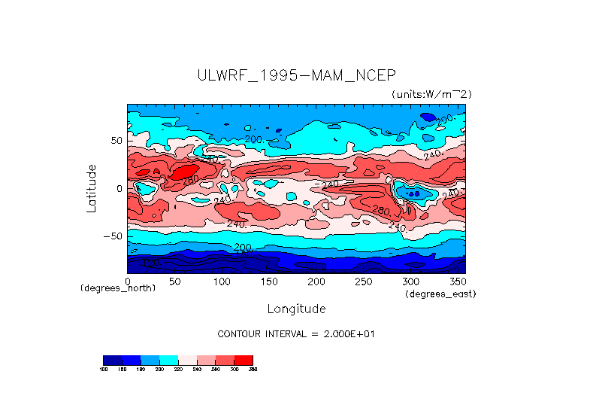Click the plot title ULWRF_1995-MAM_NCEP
point(295,75)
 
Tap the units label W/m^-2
point(431,94)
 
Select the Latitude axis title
point(91,188)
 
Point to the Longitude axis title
point(296,309)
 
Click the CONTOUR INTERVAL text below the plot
point(295,333)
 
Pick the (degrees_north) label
point(118,288)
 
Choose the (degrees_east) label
point(440,294)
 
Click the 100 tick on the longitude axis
point(222,281)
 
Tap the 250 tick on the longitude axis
point(364,281)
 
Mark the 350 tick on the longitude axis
point(458,281)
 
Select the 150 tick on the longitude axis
point(269,281)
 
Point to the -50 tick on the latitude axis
point(113,236)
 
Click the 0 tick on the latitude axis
point(119,188)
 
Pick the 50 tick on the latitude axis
point(116,141)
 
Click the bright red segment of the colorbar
point(244,360)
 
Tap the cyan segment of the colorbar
point(168,360)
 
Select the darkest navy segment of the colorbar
point(112,360)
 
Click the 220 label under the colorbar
point(178,369)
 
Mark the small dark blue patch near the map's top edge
point(428,117)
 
